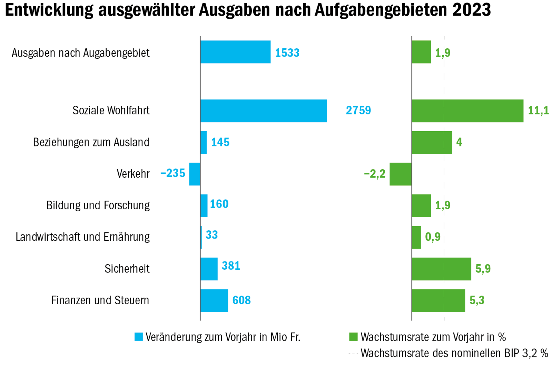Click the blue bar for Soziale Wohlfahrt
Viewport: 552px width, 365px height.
(264, 111)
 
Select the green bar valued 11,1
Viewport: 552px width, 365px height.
(467, 111)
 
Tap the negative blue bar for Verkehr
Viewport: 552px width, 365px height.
(195, 174)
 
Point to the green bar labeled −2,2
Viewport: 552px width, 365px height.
(401, 174)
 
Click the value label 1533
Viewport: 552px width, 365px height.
(287, 53)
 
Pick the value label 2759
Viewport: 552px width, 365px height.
(358, 111)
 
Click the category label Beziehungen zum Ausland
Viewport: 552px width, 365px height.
(91, 142)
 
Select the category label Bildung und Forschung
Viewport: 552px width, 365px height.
(98, 205)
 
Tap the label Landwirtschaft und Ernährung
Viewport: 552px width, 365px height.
(83, 237)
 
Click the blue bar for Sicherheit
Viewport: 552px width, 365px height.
(209, 269)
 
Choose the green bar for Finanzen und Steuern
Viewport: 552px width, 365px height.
(438, 300)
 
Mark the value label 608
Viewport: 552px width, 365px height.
(241, 300)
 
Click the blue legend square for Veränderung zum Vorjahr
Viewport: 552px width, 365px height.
(139, 337)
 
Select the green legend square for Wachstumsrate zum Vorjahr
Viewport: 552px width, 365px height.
(353, 337)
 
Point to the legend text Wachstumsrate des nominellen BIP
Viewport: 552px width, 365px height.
(454, 353)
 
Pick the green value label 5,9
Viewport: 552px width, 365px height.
(483, 269)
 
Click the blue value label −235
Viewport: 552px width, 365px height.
(173, 173)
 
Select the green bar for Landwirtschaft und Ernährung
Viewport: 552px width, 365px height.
(416, 237)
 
